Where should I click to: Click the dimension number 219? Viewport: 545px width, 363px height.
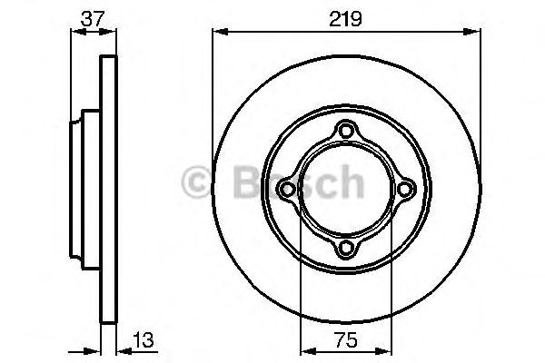click(345, 18)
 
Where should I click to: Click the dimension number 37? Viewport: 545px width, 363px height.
click(93, 18)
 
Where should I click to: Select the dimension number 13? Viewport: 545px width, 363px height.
click(144, 340)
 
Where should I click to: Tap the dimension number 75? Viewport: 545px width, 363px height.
click(345, 340)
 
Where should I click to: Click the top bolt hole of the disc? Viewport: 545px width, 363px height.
click(345, 131)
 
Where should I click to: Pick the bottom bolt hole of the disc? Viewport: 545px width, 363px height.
click(345, 248)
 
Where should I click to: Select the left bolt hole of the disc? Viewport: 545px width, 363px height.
click(287, 190)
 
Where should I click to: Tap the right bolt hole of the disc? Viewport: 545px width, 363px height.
click(404, 190)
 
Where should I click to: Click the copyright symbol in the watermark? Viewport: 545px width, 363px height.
click(196, 182)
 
